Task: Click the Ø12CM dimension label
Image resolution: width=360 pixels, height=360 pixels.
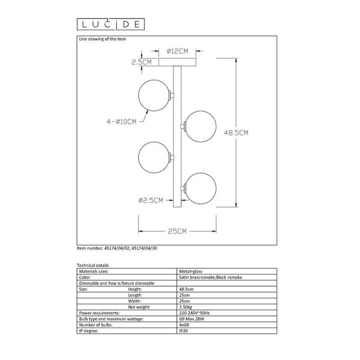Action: click(x=178, y=51)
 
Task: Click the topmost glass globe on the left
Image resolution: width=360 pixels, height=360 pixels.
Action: click(x=154, y=95)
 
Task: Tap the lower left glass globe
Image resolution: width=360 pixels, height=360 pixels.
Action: click(x=154, y=157)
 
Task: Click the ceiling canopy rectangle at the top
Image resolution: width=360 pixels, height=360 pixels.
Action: click(x=177, y=63)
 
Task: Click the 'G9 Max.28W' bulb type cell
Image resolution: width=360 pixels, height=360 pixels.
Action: click(x=191, y=319)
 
